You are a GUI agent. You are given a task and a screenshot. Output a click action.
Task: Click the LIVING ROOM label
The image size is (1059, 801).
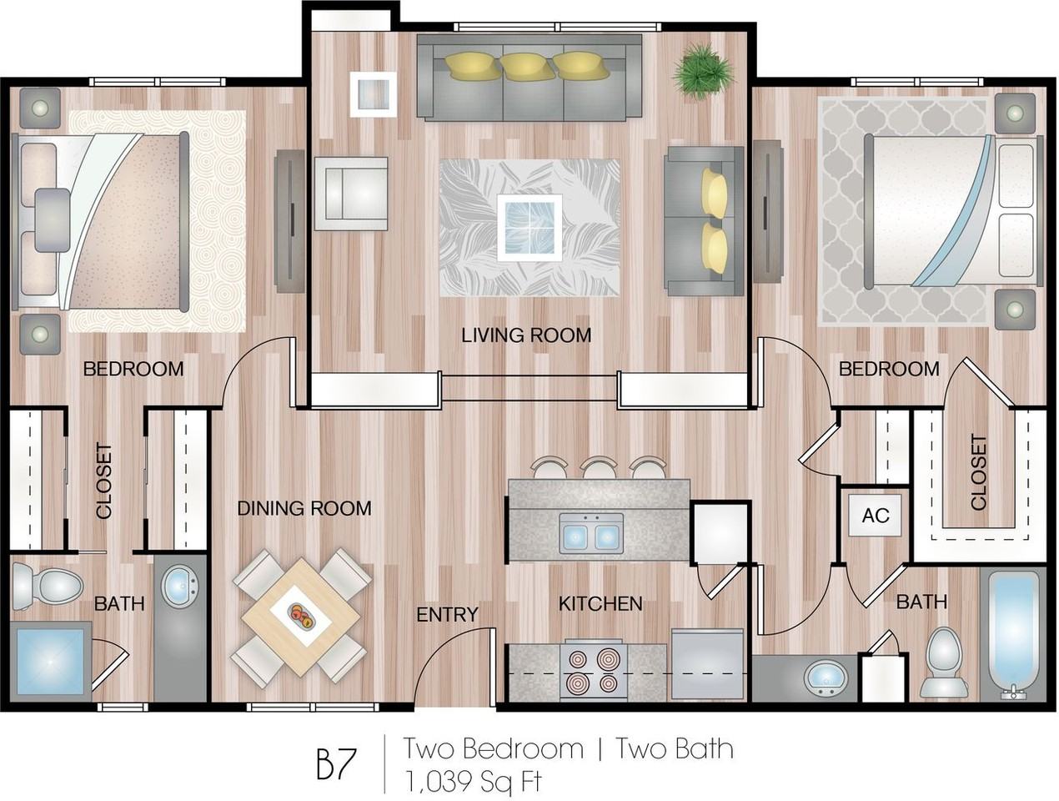(x=526, y=335)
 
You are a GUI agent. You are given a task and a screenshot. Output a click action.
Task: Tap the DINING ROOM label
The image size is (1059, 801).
(x=304, y=508)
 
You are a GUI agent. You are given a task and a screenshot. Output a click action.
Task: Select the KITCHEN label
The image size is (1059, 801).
(x=600, y=603)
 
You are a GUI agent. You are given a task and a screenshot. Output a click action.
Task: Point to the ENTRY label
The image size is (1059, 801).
(x=447, y=615)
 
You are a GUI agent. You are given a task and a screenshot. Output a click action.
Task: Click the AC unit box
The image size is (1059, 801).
(x=876, y=516)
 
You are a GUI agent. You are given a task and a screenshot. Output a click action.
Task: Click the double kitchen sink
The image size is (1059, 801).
(x=591, y=533)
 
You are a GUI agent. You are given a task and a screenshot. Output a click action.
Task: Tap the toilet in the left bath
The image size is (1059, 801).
(x=47, y=587)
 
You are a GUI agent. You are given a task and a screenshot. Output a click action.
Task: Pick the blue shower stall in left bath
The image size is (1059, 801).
(x=51, y=661)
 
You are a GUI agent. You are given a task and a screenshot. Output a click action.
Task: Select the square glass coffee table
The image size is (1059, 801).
(x=529, y=228)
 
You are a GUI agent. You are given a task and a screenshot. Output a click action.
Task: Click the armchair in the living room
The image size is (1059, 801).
(x=351, y=194)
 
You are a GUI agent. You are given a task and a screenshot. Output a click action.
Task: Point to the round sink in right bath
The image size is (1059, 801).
(x=827, y=679)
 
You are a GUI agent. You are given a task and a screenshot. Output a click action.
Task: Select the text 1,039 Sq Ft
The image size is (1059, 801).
(x=474, y=781)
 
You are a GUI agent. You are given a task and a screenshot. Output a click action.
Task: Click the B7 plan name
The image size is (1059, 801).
(x=337, y=763)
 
